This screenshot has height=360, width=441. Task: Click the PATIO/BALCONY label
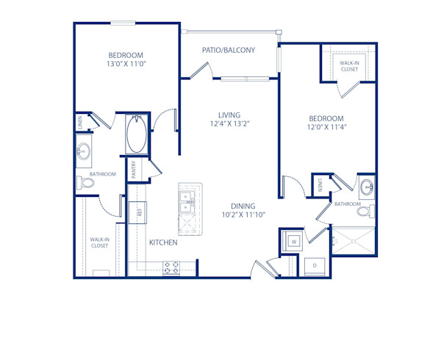click(x=229, y=51)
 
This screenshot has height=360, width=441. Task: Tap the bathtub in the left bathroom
click(x=137, y=134)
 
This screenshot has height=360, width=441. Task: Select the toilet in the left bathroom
click(x=85, y=182)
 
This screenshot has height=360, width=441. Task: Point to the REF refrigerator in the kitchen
click(x=136, y=213)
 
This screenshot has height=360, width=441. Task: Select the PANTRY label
click(x=134, y=171)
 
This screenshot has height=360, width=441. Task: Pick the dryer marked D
click(x=314, y=265)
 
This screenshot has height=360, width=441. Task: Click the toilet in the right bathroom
click(x=364, y=212)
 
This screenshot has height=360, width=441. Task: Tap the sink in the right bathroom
click(x=365, y=185)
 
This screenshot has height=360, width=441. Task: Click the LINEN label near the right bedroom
click(x=320, y=186)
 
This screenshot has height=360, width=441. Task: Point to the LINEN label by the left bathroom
click(x=79, y=123)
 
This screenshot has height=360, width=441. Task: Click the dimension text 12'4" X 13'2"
click(x=234, y=123)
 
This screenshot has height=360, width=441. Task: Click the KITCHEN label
click(x=163, y=242)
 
